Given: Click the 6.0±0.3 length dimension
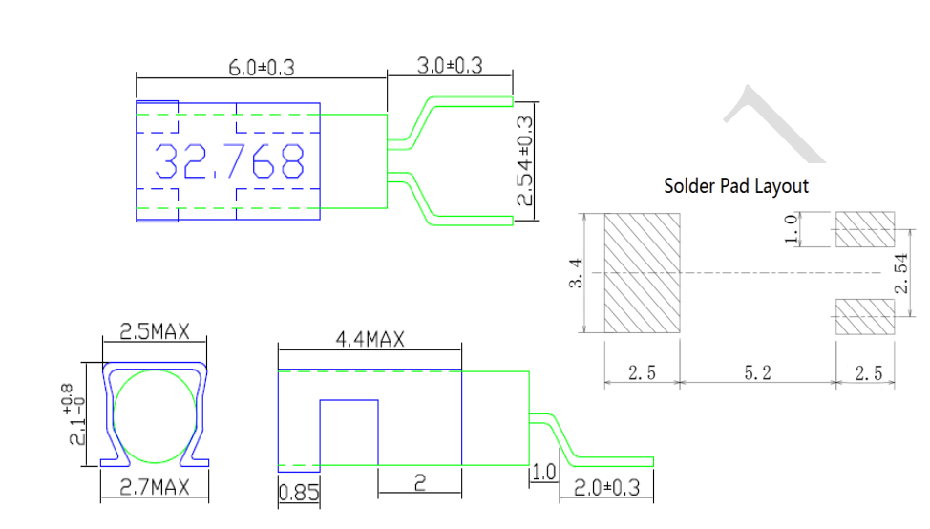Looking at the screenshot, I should click(261, 67).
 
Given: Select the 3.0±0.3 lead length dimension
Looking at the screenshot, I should click(450, 65).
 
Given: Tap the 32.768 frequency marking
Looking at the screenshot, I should click(230, 162).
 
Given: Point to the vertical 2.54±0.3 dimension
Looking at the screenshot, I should click(524, 160).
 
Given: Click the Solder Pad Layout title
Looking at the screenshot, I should click(735, 185).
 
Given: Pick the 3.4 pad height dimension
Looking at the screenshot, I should click(577, 274).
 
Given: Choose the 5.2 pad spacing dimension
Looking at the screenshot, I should click(757, 373).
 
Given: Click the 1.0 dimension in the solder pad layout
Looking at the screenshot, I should click(790, 229).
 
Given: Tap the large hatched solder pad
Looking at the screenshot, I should click(642, 273).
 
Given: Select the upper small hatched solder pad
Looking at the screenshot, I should click(865, 229).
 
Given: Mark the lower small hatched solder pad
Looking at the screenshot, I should click(865, 316).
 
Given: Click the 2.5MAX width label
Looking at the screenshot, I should click(155, 332).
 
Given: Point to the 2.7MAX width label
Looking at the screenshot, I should click(155, 487).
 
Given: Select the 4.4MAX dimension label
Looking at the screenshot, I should click(370, 339).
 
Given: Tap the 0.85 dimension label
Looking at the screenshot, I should click(298, 494).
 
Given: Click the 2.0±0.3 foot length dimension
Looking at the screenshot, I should click(606, 488).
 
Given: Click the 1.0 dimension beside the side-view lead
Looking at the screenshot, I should click(543, 472).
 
